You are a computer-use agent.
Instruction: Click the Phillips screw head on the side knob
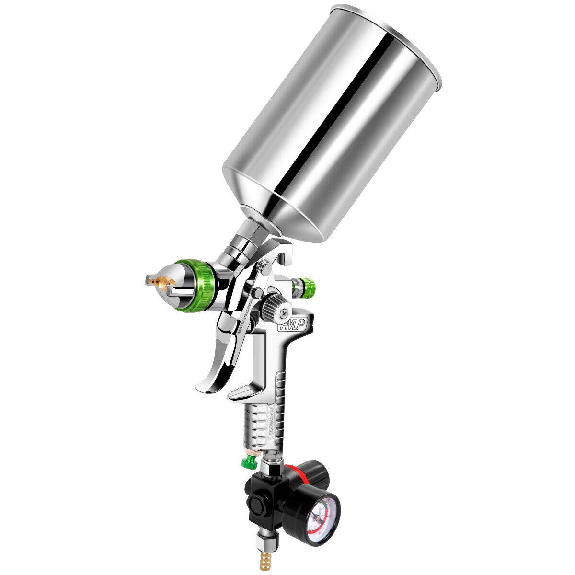(284, 313)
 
